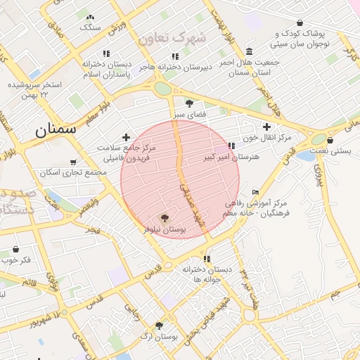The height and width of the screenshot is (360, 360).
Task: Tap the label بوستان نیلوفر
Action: click(163, 229)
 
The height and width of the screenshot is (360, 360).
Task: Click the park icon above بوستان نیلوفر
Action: click(165, 219)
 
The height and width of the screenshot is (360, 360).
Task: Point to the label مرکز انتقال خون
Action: click(268, 137)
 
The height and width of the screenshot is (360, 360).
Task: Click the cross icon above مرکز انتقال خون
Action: click(266, 127)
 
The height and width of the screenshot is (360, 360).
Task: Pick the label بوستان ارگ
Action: click(157, 337)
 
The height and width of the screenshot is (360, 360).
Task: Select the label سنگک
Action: click(90, 27)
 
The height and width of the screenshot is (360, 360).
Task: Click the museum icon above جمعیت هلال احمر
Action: click(250, 51)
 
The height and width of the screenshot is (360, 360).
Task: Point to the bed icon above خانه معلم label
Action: click(255, 192)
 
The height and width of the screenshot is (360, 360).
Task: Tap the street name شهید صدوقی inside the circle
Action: click(188, 204)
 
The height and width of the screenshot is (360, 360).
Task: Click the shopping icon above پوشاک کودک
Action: click(300, 22)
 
